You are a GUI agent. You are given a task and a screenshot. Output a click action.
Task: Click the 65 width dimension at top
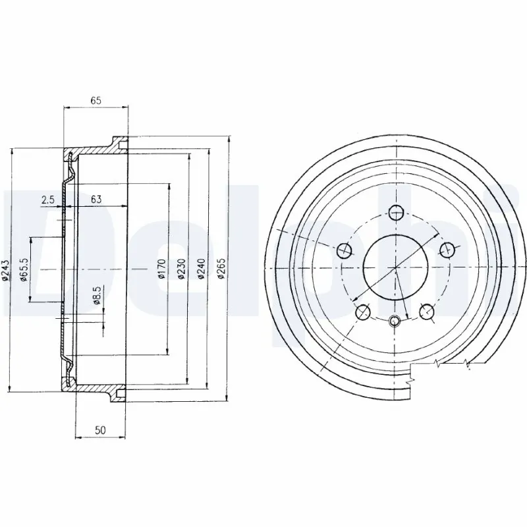coord(96,101)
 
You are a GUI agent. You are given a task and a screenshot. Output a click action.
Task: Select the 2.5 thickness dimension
coord(47,198)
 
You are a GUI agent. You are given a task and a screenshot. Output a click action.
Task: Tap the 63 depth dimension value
coord(96,198)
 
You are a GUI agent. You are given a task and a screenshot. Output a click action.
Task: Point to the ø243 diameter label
coord(6,270)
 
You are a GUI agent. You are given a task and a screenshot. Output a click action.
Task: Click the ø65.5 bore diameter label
coord(24,270)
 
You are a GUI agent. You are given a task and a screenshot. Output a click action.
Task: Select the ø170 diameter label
coord(161,270)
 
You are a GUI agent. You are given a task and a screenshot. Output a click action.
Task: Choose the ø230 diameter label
coord(181,270)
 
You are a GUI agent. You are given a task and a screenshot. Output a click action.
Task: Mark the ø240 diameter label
coord(202,270)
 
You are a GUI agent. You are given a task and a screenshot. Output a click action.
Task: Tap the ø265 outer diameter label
coord(222,270)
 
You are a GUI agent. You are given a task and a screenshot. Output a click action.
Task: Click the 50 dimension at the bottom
coord(100,430)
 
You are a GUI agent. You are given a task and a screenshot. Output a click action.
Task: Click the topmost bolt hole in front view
coord(396,212)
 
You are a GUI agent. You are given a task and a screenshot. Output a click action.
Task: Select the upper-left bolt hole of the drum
coord(345,250)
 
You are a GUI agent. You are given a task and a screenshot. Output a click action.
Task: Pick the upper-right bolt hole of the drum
coord(447,250)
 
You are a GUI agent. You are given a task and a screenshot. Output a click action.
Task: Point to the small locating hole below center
coord(395,321)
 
